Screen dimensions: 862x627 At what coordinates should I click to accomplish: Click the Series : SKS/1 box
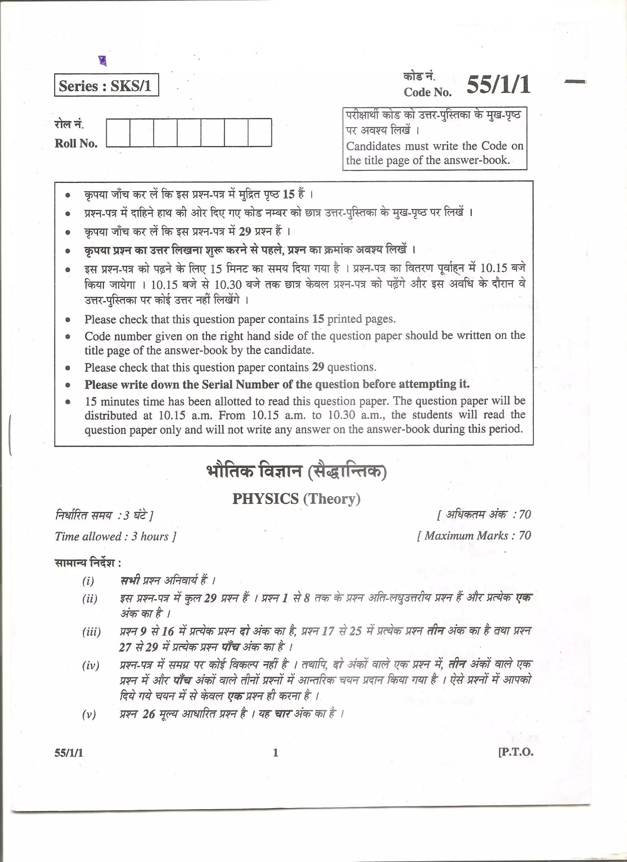point(106,85)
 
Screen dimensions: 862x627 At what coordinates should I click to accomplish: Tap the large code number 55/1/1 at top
point(498,85)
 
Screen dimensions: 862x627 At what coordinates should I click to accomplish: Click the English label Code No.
point(427,92)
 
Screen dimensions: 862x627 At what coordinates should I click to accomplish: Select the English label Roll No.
point(76,143)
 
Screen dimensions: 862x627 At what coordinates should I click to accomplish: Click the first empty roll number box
point(118,132)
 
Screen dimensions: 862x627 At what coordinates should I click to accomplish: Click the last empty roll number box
point(260,132)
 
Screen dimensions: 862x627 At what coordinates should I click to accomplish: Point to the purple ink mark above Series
point(102,60)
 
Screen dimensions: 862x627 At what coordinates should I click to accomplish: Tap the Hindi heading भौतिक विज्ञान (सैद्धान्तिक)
point(296,472)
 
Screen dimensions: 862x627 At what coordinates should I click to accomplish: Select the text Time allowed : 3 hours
point(115,536)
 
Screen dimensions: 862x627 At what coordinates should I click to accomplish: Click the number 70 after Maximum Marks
point(525,535)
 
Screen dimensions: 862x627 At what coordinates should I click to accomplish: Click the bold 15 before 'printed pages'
point(318,319)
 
